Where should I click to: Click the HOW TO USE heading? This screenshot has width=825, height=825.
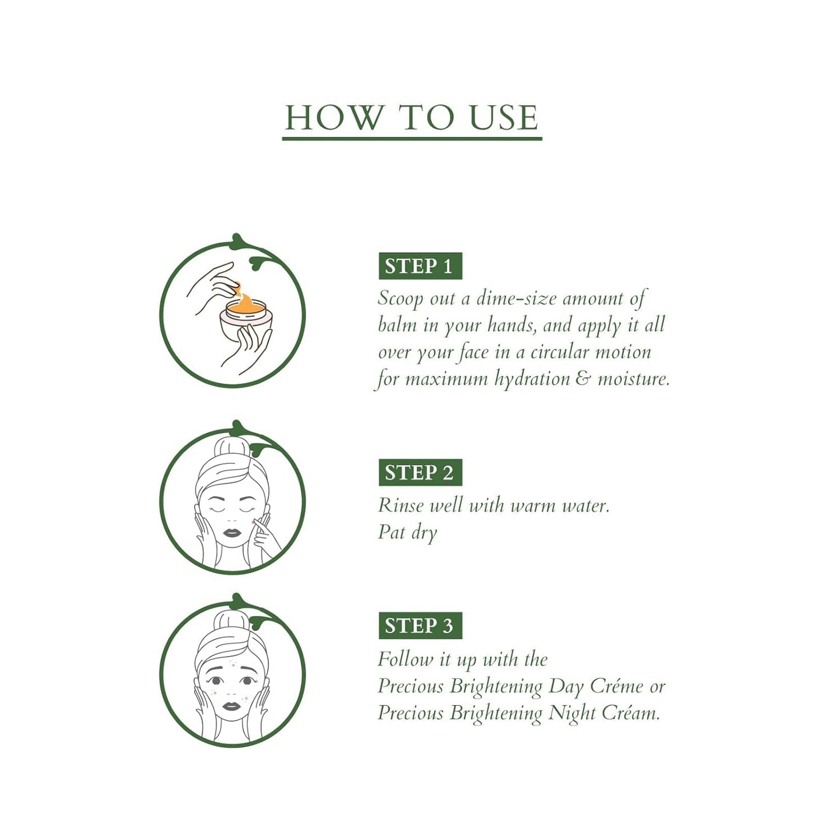[x=412, y=118]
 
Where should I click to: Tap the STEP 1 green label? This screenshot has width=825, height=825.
[x=420, y=266]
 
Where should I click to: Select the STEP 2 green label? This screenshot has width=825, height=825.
[x=420, y=473]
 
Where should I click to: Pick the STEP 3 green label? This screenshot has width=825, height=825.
[x=420, y=626]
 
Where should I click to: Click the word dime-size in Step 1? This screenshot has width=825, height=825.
[x=516, y=299]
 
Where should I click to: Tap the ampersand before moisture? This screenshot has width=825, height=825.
[x=583, y=379]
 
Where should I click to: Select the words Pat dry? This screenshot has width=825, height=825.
[x=407, y=533]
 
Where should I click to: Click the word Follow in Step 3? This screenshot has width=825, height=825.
[x=405, y=659]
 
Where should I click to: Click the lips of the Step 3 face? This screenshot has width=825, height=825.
[x=231, y=706]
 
